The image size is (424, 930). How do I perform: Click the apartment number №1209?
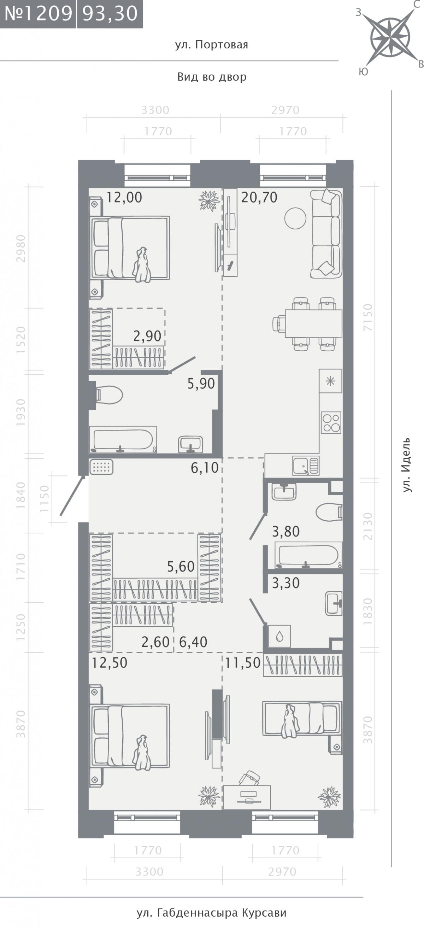pos(38,13)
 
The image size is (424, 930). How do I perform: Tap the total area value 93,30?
pos(110,13)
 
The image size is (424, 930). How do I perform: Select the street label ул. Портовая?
pos(211,45)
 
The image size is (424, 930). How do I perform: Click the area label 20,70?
pos(259,198)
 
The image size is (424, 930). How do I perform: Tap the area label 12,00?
pos(124,198)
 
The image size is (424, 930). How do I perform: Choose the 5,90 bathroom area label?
pos(201,384)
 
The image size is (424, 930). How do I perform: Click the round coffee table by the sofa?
pos(295,218)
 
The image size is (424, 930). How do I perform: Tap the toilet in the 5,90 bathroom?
pos(109,394)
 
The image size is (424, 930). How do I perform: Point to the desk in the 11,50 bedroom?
pos(247,797)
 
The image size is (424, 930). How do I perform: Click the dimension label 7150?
pos(368,317)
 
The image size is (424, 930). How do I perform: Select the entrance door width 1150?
pos(44,498)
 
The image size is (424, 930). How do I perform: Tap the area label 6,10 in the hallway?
pos(205,468)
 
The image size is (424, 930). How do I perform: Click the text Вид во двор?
pos(212,77)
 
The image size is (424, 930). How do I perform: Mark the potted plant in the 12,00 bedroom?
pos(209,200)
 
